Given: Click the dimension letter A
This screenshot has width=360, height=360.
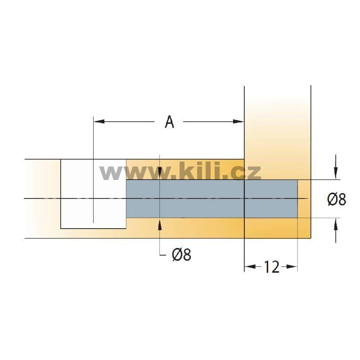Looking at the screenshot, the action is point(170,121).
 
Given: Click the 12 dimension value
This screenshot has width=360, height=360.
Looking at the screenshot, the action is point(271,267).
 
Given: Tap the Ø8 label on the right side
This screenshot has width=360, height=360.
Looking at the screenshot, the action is point(337,199).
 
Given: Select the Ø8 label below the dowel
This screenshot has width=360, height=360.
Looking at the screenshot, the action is point(182,255).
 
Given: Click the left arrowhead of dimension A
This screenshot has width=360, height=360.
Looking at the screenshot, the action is point(99,121).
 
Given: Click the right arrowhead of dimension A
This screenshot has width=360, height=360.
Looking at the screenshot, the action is point(238,121).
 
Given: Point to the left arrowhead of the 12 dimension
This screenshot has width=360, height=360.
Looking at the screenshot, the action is point(250,266).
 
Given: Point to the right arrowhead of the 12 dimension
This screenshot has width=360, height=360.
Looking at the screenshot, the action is point(292,266).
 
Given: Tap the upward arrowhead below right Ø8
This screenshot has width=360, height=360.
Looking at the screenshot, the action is point(336,224).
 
